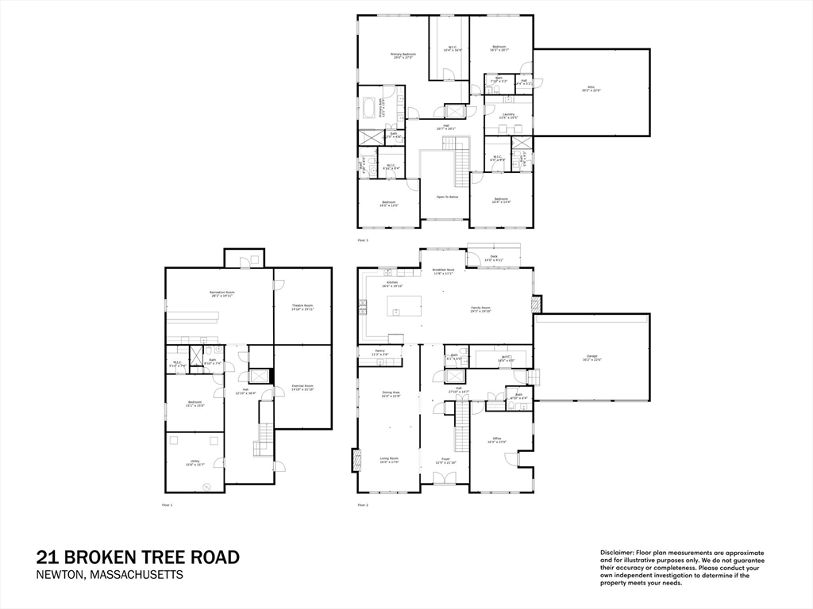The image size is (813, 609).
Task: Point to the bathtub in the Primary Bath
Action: click(x=371, y=107)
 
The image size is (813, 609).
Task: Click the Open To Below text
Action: click(x=446, y=197)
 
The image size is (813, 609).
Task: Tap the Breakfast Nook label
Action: click(x=443, y=270)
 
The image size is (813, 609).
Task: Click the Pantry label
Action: click(x=378, y=354)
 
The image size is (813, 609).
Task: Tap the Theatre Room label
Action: click(x=302, y=307)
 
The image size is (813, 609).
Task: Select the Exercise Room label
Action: click(x=302, y=387)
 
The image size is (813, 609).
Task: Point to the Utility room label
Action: click(x=194, y=464)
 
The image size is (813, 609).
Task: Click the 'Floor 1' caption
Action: click(x=167, y=504)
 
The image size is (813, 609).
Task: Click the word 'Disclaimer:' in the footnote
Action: click(x=616, y=552)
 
